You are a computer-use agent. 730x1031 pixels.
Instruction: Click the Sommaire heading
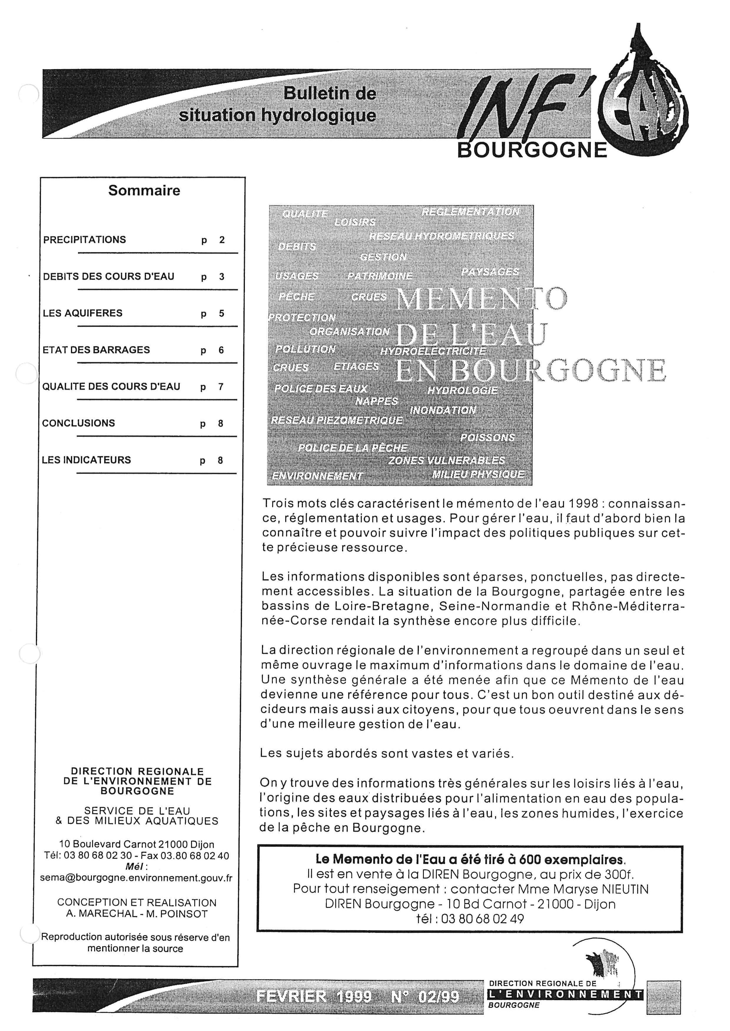(144, 191)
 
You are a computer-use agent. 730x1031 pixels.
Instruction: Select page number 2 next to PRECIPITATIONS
(222, 240)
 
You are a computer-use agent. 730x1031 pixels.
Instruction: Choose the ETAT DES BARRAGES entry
(96, 350)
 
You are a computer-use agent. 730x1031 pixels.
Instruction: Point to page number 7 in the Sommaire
(221, 387)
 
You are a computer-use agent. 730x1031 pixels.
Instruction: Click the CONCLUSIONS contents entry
(79, 423)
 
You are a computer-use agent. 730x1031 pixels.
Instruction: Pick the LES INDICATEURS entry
(86, 460)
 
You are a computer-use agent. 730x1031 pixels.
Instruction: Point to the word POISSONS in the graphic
(487, 437)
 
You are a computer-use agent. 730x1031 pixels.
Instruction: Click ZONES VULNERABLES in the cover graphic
(446, 461)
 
